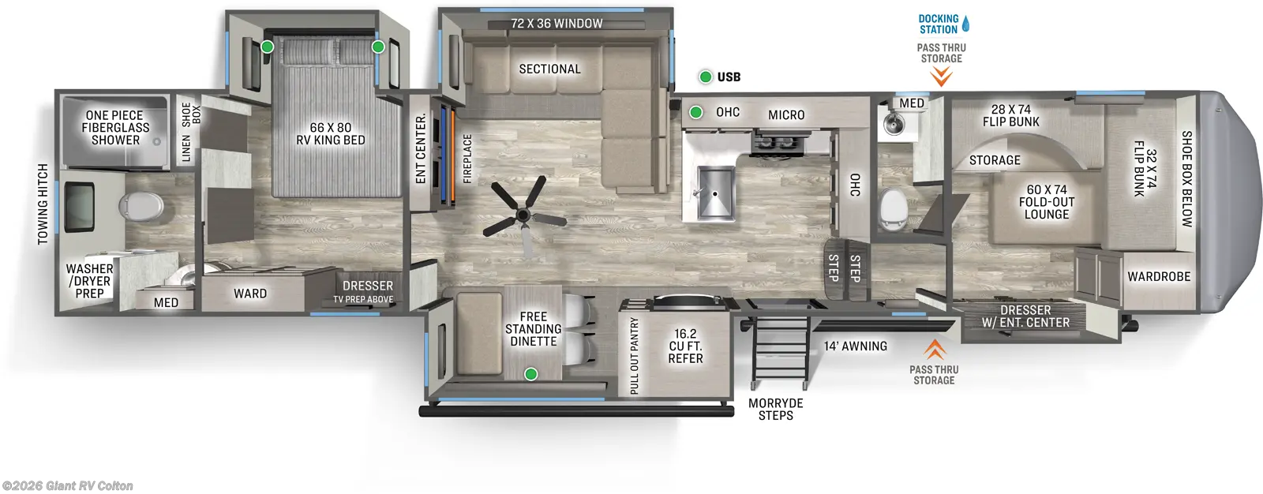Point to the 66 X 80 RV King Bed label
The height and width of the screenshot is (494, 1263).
click(330, 133)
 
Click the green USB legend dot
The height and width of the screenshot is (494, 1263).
click(706, 77)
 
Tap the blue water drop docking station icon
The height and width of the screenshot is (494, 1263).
click(965, 24)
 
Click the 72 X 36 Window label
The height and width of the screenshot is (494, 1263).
click(557, 24)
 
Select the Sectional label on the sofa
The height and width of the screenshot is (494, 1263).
click(549, 69)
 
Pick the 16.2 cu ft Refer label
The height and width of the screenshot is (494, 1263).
click(685, 346)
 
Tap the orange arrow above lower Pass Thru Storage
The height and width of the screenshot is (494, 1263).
click(935, 349)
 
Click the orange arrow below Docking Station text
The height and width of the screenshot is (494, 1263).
click(941, 77)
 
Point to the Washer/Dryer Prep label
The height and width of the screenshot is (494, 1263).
click(89, 281)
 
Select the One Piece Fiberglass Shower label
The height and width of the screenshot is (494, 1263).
click(115, 127)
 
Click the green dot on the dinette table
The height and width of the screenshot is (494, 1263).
click(531, 374)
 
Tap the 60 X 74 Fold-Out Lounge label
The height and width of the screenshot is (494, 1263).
click(1047, 201)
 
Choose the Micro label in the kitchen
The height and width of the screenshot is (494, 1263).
click(786, 115)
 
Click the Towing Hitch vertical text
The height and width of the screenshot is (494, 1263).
click(43, 204)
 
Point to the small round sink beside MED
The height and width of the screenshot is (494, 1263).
click(894, 123)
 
